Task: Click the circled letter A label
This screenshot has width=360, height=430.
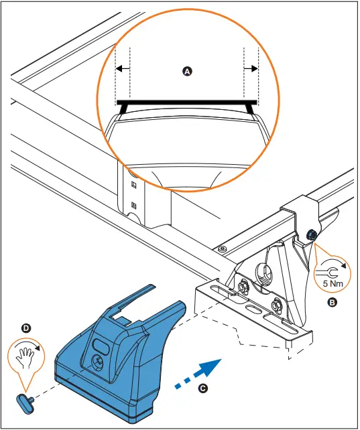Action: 187,71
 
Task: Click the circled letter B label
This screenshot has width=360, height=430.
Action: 332,303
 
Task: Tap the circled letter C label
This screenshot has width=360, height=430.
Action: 203,388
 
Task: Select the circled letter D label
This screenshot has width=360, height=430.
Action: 26,328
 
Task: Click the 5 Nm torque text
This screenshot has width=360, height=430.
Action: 333,283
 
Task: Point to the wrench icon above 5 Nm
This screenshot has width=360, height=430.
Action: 327,273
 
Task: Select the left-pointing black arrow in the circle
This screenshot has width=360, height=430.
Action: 123,68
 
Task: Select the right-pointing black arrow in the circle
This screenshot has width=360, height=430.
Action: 251,68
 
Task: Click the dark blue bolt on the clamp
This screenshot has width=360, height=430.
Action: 312,234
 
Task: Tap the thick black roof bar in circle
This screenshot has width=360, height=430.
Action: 187,102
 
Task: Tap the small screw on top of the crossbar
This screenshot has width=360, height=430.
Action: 222,249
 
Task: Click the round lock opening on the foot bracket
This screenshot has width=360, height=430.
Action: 264,273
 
